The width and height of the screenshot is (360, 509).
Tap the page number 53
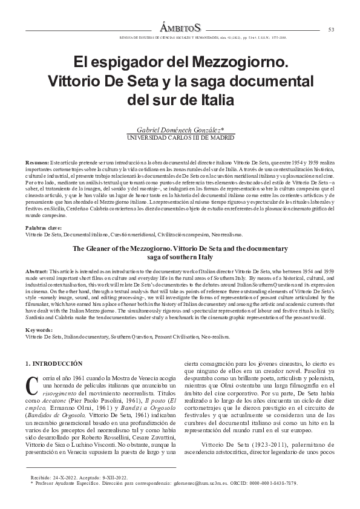331,30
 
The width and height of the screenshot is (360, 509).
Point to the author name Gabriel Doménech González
180,130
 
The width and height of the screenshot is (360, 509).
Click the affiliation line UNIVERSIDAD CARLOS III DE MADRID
180,138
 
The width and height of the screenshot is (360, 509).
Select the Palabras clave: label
43,227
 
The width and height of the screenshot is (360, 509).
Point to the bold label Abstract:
37,263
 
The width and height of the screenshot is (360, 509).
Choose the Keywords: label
39,329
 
